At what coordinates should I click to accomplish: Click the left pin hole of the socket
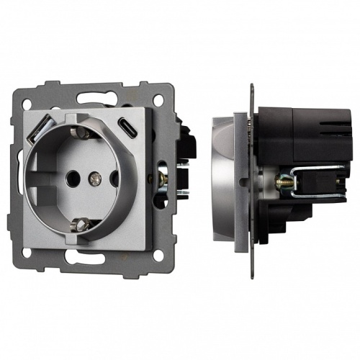[x=71, y=175]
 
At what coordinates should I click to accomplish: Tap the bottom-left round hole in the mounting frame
[x=27, y=253]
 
